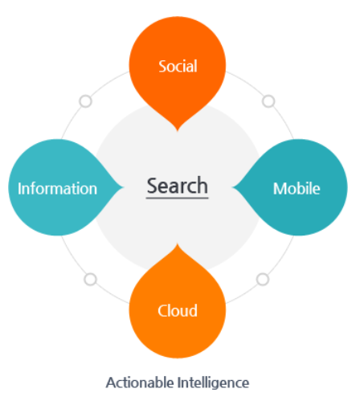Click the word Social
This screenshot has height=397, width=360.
pyautogui.click(x=178, y=66)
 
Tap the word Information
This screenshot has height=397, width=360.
pyautogui.click(x=57, y=188)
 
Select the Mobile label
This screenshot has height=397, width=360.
pyautogui.click(x=297, y=188)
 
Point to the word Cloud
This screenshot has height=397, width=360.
pyautogui.click(x=178, y=311)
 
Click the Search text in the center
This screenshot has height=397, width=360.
pyautogui.click(x=178, y=186)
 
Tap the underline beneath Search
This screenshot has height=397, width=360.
pyautogui.click(x=177, y=198)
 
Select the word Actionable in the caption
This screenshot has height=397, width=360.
pyautogui.click(x=140, y=383)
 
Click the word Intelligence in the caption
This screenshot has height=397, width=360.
pyautogui.click(x=214, y=383)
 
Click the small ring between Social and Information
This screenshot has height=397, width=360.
pyautogui.click(x=86, y=101)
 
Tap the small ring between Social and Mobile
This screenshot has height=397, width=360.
pyautogui.click(x=268, y=101)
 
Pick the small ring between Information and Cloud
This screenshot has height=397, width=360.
pyautogui.click(x=90, y=280)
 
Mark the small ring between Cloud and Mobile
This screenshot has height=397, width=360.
pyautogui.click(x=263, y=280)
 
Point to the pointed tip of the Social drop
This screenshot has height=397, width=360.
pyautogui.click(x=178, y=131)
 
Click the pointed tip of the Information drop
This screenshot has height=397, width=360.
pyautogui.click(x=123, y=187)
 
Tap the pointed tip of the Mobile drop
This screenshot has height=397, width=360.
pyautogui.click(x=232, y=187)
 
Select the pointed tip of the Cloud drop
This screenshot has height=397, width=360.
pyautogui.click(x=178, y=244)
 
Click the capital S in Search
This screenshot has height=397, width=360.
pyautogui.click(x=153, y=186)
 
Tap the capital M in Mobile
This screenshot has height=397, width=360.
pyautogui.click(x=280, y=189)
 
